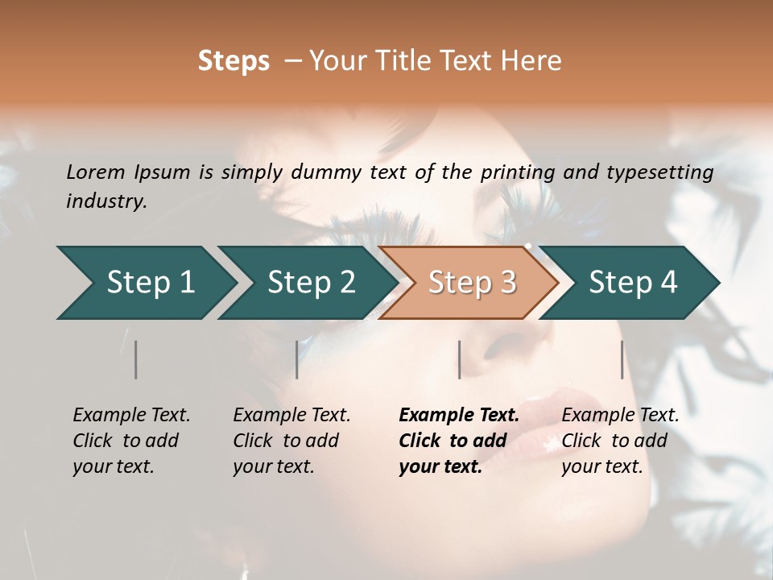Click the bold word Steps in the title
tap(234, 61)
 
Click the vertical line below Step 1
tap(135, 359)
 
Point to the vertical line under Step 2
tap(296, 359)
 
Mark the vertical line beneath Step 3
tap(459, 359)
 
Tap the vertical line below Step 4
tap(622, 359)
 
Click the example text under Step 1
tap(130, 441)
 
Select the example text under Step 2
tap(291, 441)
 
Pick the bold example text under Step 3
tap(458, 441)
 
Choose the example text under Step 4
tap(619, 441)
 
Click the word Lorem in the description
tap(96, 172)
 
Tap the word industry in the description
tap(106, 201)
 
